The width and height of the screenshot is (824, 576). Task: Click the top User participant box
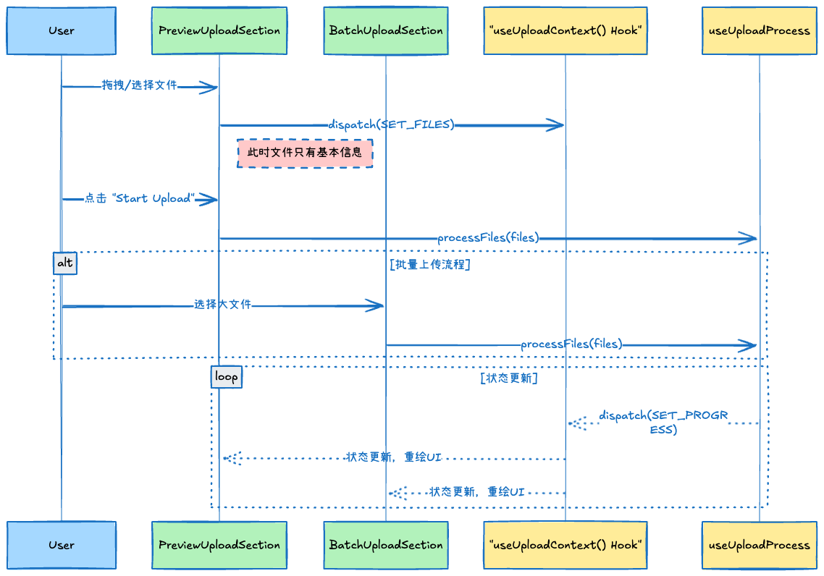(x=62, y=31)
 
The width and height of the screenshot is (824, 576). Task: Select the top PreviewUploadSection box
(x=219, y=31)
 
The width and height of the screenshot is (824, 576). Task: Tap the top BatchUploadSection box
(x=386, y=31)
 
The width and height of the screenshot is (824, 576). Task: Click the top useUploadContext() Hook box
(x=565, y=31)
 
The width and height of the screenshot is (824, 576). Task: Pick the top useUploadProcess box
(x=759, y=31)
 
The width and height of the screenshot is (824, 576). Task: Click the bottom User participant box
(x=62, y=545)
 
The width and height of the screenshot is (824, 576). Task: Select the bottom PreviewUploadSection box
(x=219, y=545)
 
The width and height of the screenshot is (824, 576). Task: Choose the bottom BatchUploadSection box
(x=386, y=545)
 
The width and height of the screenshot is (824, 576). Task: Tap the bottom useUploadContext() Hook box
(x=565, y=545)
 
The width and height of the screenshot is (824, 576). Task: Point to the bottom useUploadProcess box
(x=759, y=545)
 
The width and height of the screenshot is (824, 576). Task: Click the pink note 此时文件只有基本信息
(x=305, y=153)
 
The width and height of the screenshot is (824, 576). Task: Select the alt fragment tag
(x=65, y=263)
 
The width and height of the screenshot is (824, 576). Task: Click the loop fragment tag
(x=227, y=377)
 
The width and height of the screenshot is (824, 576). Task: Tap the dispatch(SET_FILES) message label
(x=392, y=124)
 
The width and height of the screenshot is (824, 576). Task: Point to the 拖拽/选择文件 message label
(x=140, y=85)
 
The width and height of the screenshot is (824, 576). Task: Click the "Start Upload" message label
(x=140, y=198)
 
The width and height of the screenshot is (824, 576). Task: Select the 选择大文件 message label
(x=222, y=305)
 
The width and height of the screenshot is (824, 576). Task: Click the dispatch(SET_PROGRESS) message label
(x=663, y=423)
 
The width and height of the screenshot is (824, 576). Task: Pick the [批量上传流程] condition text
(x=430, y=265)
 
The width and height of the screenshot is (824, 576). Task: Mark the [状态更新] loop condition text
(x=508, y=378)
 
